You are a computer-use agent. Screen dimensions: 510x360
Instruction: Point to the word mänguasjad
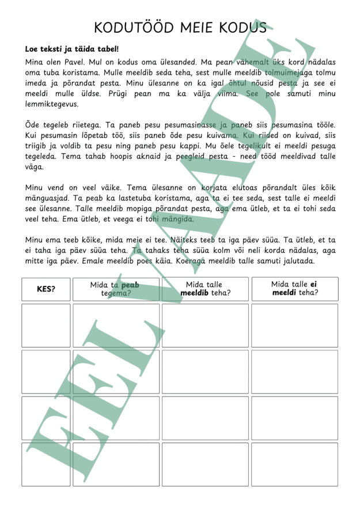tap(47, 199)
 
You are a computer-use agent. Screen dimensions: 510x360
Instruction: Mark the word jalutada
tap(295, 261)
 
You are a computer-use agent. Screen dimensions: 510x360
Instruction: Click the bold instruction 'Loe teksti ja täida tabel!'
tap(72, 49)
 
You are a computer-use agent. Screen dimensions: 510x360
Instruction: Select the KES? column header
tap(46, 289)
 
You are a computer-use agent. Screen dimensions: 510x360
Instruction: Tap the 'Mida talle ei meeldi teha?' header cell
tap(294, 289)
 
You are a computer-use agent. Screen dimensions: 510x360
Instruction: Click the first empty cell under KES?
tap(46, 326)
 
